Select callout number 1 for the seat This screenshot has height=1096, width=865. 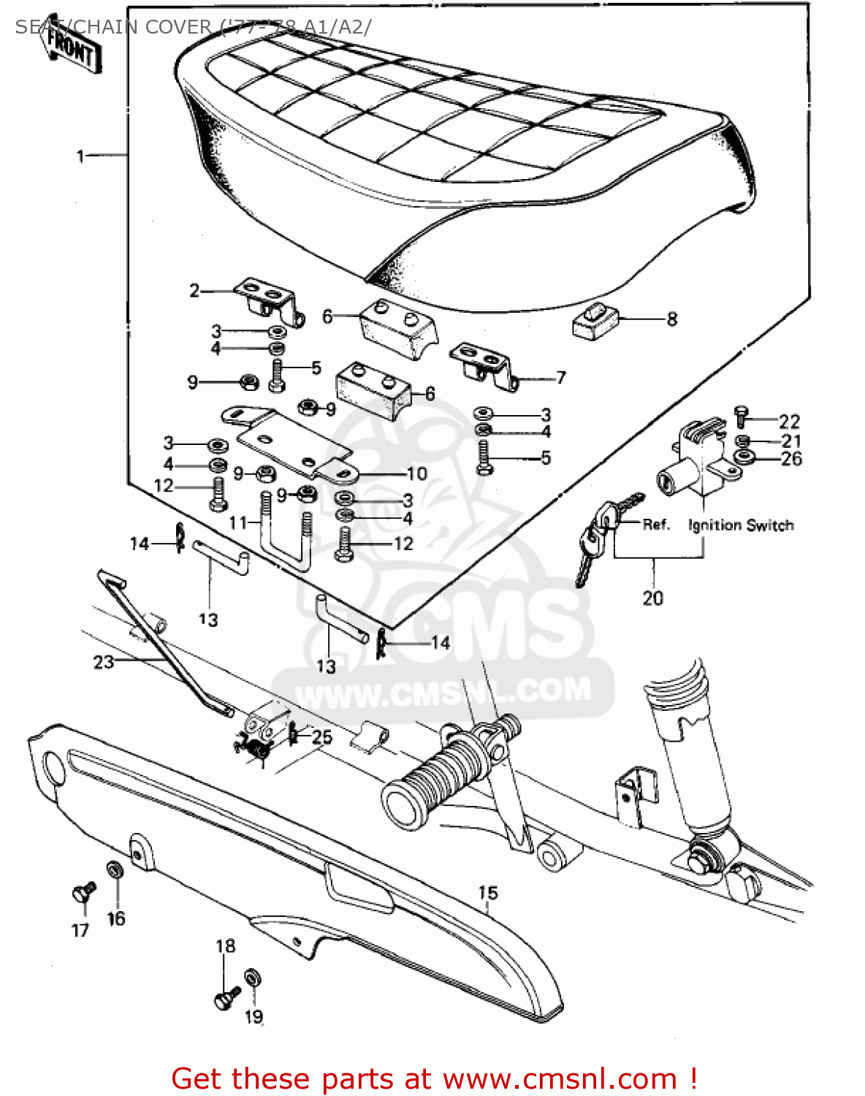(x=81, y=156)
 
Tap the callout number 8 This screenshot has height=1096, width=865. (x=671, y=319)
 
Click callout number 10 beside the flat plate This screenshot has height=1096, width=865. (x=417, y=473)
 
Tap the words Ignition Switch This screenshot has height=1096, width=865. (x=741, y=525)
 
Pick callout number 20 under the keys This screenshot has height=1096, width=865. (x=652, y=598)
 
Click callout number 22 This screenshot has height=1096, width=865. (x=789, y=422)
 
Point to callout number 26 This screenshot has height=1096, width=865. (x=791, y=459)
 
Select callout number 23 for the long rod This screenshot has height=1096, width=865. (x=104, y=661)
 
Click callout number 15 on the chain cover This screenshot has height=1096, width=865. (x=488, y=892)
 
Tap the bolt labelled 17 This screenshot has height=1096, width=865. (x=83, y=892)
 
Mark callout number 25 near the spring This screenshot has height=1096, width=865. (x=322, y=737)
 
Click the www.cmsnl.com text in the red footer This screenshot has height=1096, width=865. (x=560, y=1078)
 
